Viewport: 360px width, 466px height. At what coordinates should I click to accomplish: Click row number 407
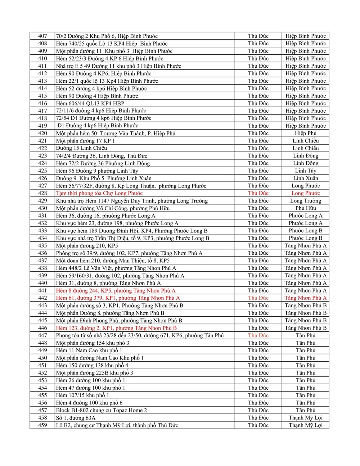point(42,36)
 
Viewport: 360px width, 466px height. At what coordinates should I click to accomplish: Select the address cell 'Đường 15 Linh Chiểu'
point(81,148)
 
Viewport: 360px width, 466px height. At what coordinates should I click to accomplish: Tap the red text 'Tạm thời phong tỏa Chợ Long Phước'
point(99,193)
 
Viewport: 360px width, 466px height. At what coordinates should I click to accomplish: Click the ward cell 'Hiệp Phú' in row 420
point(305,133)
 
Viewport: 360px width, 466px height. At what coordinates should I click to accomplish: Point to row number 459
point(42,425)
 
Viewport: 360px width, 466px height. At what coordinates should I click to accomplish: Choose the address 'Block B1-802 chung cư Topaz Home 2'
point(101,410)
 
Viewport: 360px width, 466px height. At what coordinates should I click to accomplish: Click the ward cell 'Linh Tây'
point(305,171)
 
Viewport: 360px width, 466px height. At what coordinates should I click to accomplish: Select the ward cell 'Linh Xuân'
point(305,178)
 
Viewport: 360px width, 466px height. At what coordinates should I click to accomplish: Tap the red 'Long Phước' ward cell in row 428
point(305,193)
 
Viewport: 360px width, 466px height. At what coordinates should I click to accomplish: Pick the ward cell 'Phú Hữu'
point(305,208)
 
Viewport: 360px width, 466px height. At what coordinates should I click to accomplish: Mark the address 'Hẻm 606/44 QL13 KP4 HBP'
point(90,103)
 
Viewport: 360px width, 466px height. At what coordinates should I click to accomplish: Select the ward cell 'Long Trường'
point(305,201)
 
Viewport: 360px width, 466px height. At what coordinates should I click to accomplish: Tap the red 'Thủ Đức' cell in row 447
point(258,335)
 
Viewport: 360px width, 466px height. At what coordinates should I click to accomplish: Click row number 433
point(42,231)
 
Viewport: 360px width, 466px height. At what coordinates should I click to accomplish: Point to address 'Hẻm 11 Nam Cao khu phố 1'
point(89,350)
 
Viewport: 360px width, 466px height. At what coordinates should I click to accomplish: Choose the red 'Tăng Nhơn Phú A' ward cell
point(305,298)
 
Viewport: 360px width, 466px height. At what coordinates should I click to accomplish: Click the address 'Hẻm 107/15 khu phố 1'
point(82,395)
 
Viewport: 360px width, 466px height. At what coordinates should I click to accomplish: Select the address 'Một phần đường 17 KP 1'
point(85,141)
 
